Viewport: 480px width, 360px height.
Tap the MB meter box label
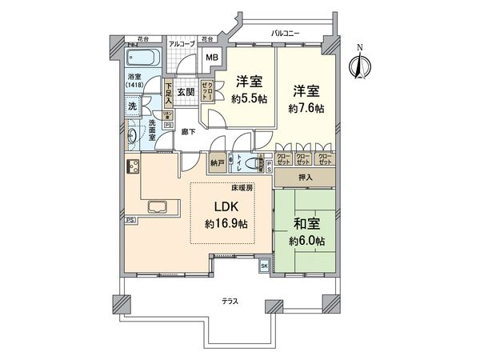click(211, 58)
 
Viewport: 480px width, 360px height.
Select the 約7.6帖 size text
click(306, 107)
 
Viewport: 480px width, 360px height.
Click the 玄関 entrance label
click(185, 93)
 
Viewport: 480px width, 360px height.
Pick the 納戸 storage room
click(218, 162)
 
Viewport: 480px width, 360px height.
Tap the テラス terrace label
click(233, 301)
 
